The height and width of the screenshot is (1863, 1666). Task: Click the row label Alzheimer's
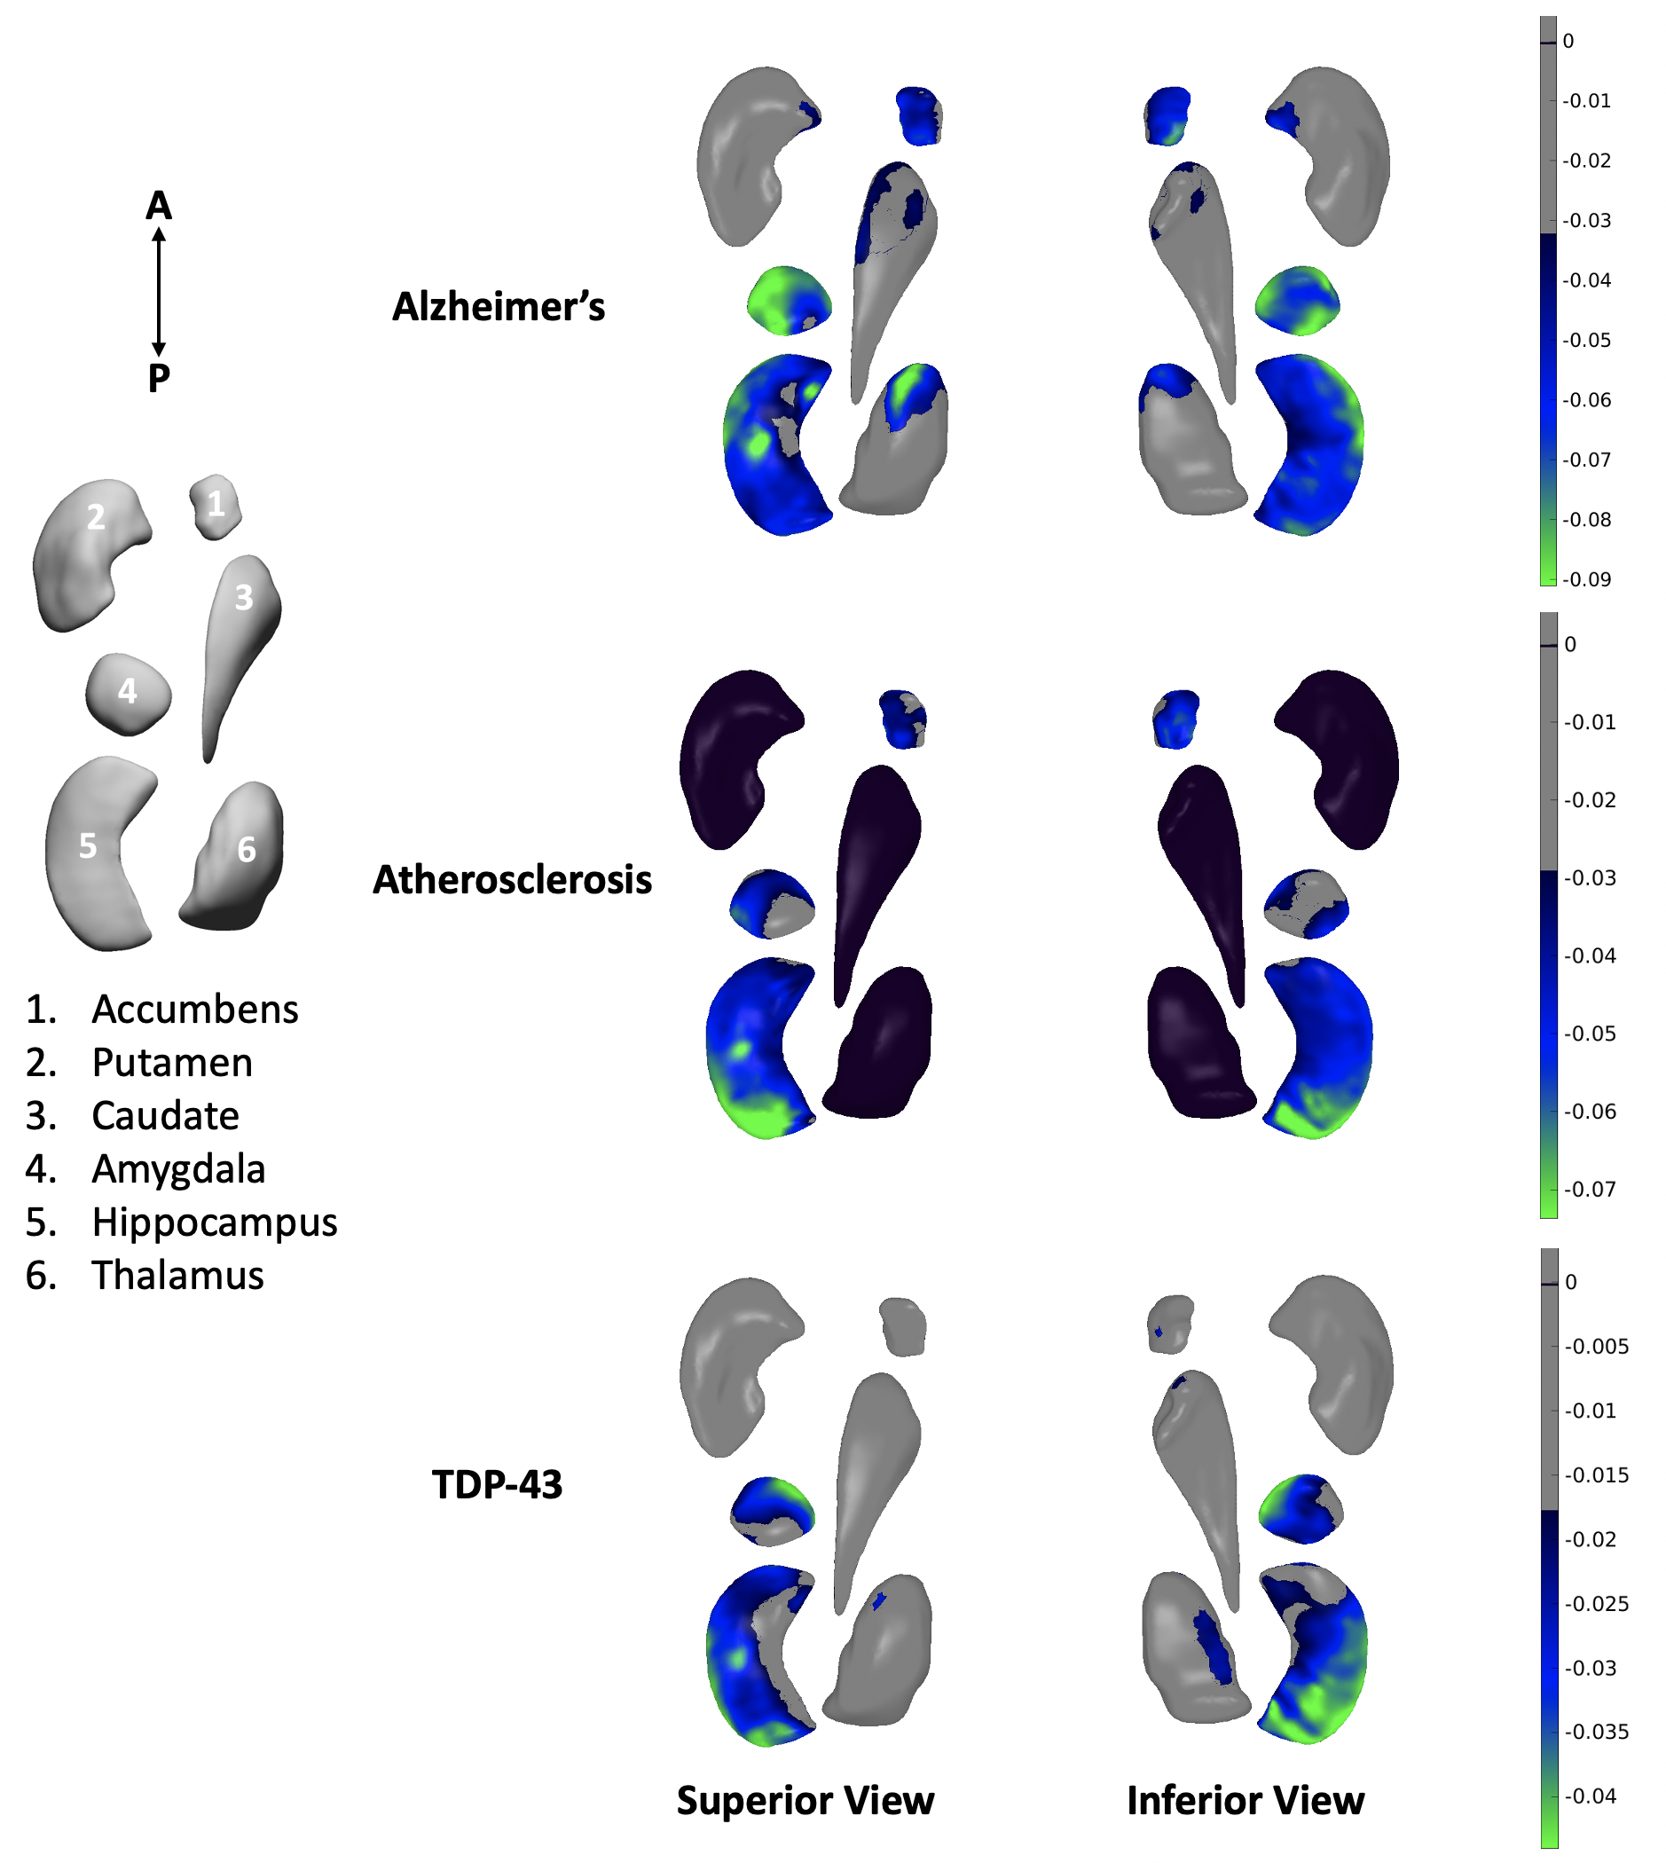coord(499,308)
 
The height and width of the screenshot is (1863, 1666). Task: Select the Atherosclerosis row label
coord(512,881)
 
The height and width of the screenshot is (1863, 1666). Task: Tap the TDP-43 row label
coord(496,1485)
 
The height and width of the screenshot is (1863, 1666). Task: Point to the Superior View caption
coord(805,1800)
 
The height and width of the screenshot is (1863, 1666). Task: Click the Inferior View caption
coord(1245,1800)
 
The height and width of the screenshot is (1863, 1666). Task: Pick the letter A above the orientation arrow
coord(159,206)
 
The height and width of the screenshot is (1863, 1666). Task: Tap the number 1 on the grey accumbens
coord(216,504)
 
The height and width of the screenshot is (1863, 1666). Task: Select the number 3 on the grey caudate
coord(243,598)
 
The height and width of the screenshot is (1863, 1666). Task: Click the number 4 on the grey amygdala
coord(127,691)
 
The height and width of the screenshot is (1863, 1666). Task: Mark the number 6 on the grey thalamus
coord(247,850)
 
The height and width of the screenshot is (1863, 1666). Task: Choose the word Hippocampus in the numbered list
coord(214,1222)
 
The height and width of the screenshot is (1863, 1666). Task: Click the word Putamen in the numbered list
coord(172,1063)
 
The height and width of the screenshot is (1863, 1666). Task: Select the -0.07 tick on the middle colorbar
coord(1590,1189)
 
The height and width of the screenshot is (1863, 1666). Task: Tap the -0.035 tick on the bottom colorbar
coord(1597,1731)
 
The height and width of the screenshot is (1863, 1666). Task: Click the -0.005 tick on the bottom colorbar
coord(1597,1346)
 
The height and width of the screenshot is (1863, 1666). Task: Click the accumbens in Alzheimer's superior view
coord(919,115)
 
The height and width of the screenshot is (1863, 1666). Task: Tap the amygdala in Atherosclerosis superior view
coord(772,904)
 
